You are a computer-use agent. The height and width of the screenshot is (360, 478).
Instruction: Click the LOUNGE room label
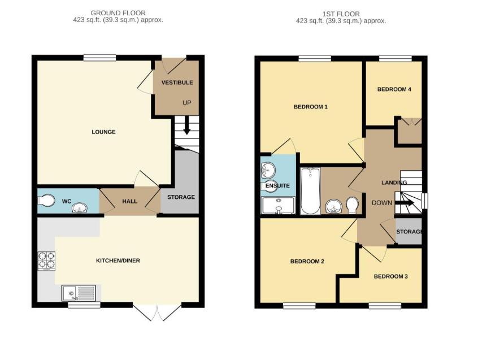(x=103, y=132)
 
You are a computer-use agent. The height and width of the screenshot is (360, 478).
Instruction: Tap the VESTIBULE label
(x=177, y=83)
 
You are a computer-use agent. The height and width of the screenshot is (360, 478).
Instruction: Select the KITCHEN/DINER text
(x=118, y=261)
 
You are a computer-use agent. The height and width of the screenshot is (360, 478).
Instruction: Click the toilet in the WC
(x=47, y=200)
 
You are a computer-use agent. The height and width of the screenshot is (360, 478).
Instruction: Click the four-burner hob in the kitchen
(x=46, y=262)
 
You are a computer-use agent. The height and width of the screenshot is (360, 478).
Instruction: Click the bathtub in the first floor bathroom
(x=311, y=192)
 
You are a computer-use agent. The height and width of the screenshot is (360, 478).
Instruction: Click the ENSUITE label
(x=278, y=185)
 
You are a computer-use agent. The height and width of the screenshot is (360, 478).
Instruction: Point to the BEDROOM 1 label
(x=310, y=107)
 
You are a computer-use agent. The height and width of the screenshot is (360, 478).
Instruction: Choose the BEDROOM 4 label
(x=394, y=89)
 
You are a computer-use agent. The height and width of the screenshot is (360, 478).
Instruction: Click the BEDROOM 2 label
(x=307, y=261)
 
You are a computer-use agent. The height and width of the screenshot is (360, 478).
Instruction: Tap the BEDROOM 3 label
(x=390, y=276)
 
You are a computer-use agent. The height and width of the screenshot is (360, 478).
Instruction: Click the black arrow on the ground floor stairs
(x=186, y=132)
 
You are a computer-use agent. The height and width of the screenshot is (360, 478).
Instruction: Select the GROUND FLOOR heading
(x=118, y=12)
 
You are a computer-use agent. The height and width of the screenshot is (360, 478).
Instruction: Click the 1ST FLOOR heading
(x=341, y=14)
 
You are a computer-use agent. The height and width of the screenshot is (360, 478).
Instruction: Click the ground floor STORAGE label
(x=181, y=197)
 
